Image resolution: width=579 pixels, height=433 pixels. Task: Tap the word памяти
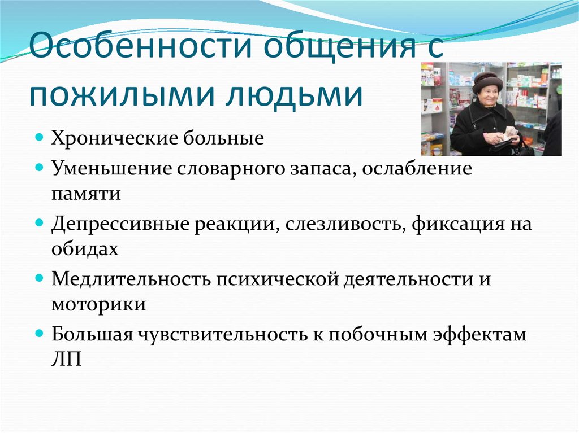click(x=85, y=194)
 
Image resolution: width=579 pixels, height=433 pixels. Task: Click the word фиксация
click(x=452, y=224)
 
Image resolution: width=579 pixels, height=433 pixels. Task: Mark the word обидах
click(x=85, y=249)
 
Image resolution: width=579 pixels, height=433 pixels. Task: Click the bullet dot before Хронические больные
click(x=40, y=137)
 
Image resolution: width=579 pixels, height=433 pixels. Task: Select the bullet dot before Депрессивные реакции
click(x=40, y=222)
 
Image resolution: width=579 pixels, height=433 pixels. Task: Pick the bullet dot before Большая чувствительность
click(x=40, y=333)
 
